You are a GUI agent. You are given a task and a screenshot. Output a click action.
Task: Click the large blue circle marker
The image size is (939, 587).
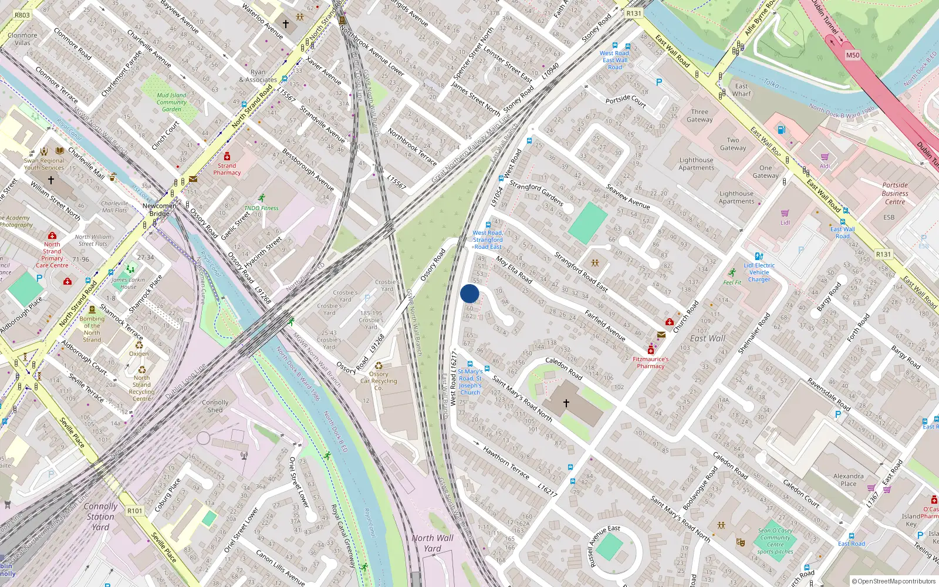click(x=469, y=293)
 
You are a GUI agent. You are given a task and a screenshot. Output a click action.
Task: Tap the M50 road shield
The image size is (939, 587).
click(x=852, y=55)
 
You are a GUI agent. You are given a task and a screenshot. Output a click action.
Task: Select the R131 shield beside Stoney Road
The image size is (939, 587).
click(x=634, y=13)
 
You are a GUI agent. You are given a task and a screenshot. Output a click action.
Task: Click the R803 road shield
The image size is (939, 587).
click(x=22, y=15)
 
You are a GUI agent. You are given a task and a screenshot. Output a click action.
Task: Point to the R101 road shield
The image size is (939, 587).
click(x=135, y=511)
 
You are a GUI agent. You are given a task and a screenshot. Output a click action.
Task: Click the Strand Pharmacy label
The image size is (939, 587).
click(x=227, y=169)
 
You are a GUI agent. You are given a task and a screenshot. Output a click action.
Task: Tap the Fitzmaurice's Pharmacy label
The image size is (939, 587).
click(x=651, y=362)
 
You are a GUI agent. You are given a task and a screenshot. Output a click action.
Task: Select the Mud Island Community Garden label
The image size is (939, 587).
click(x=171, y=102)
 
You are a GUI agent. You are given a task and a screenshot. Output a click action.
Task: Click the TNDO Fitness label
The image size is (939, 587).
click(x=261, y=208)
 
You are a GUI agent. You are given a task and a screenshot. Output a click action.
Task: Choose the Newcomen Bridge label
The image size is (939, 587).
click(x=159, y=210)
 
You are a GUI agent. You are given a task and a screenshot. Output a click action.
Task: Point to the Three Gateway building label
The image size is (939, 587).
click(x=700, y=116)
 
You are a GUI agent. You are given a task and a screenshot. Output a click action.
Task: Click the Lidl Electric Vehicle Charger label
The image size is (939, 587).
click(x=759, y=272)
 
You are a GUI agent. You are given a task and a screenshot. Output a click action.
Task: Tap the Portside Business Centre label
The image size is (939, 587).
click(x=895, y=193)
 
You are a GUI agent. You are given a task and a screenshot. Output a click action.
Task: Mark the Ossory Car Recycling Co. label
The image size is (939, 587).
click(x=379, y=381)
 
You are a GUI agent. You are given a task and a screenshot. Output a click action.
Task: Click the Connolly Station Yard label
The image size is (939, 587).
click(x=100, y=517)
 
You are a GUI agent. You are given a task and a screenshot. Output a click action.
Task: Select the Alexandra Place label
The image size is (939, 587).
click(x=848, y=480)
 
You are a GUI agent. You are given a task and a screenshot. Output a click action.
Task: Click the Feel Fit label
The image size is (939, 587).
click(x=732, y=282)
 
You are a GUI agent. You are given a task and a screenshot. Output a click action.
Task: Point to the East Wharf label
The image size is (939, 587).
click(x=742, y=90)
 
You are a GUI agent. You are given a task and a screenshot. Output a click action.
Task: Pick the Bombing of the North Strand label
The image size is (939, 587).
click(x=92, y=329)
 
